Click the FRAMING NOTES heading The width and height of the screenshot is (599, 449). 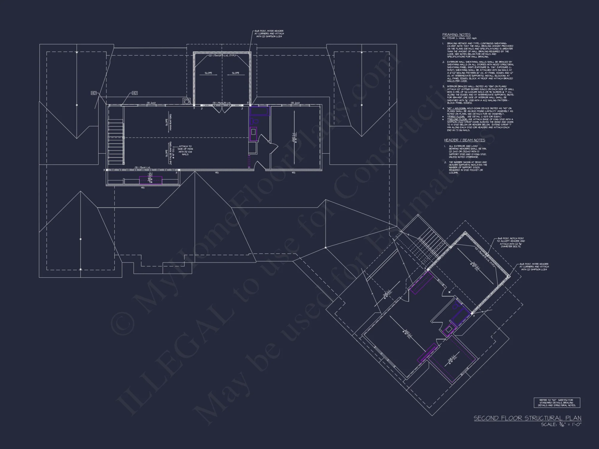point(456,35)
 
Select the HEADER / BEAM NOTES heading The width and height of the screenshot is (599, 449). point(465,140)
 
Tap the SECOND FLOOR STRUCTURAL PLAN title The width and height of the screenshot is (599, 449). point(527,418)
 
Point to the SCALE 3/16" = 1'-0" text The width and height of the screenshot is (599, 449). point(561,424)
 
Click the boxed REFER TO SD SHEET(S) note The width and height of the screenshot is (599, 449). point(557,403)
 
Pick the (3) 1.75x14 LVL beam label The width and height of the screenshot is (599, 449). point(143,168)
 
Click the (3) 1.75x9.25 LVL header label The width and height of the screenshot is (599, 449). point(222,103)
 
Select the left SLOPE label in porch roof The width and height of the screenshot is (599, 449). point(208,73)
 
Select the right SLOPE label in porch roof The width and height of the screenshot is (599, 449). point(236,73)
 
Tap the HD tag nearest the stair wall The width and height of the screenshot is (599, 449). point(135,93)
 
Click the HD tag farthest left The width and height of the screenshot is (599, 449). point(94,93)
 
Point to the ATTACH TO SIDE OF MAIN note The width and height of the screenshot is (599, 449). point(185,150)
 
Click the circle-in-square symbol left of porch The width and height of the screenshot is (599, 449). point(187,101)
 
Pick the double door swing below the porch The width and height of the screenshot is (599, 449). point(222,109)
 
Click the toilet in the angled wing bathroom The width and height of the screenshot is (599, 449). point(456,305)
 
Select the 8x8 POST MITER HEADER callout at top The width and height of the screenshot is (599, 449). point(269,34)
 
